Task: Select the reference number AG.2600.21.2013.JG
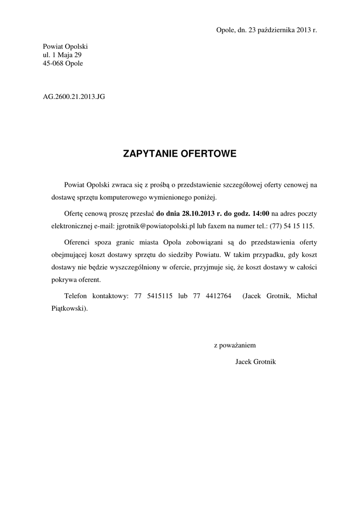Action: pos(74,97)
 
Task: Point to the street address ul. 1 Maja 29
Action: pos(62,55)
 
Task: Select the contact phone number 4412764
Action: pos(218,296)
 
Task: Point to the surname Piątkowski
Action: pos(69,308)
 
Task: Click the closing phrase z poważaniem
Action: pos(235,344)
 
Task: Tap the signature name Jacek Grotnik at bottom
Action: pos(255,361)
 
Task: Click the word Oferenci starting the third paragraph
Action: pos(79,243)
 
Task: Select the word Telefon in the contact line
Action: pos(76,296)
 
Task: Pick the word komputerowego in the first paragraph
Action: pos(136,197)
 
